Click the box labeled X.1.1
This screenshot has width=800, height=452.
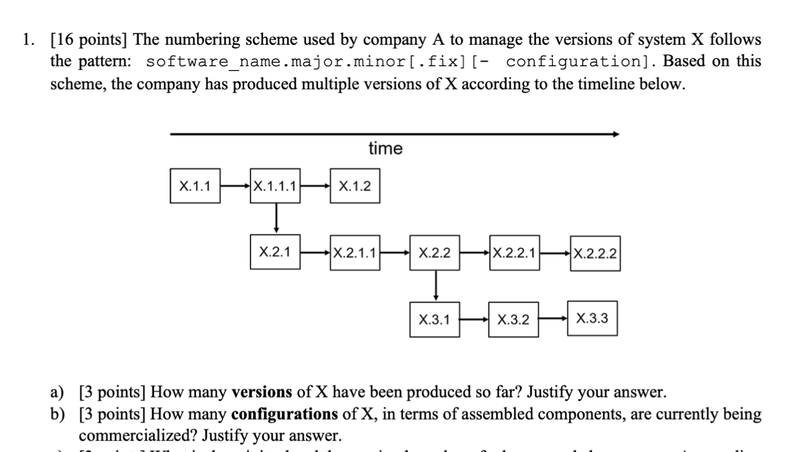coord(195,186)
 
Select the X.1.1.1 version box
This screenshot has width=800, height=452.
coord(275,186)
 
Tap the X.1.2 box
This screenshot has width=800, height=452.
coord(355,186)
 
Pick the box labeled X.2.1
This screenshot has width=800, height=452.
coord(275,252)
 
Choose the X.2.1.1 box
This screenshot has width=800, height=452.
coord(355,253)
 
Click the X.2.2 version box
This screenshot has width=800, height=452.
coord(435,253)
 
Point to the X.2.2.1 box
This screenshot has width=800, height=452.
coord(515,253)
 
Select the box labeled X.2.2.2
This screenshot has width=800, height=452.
coord(595,253)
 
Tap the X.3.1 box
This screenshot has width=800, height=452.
coord(434,319)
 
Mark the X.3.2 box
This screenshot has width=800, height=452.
coord(514,319)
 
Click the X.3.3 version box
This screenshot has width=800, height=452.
coord(592,318)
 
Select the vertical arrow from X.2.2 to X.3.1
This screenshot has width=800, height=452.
coord(435,285)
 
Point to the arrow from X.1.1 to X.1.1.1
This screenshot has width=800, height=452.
coord(235,186)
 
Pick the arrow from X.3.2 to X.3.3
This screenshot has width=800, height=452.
coord(553,319)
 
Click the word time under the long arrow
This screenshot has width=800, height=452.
coord(385,148)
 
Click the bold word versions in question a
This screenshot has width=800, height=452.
coord(262,392)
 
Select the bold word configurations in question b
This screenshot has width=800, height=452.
coord(284,414)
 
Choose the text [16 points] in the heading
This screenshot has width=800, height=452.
coord(89,40)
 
